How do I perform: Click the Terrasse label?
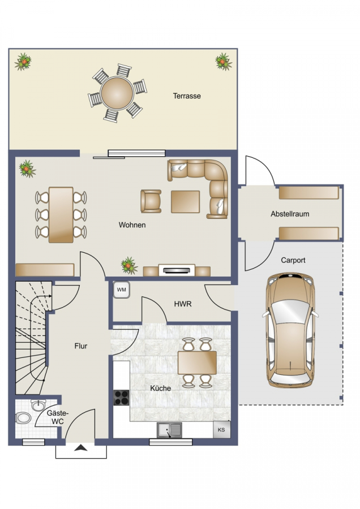[187, 96]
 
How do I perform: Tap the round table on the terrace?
[117, 93]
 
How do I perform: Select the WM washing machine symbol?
[122, 290]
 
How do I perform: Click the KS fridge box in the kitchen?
[221, 429]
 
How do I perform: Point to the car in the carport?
[290, 331]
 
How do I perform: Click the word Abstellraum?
[290, 214]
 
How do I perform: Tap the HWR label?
[183, 304]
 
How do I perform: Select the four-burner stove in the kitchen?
[121, 398]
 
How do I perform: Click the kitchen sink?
[169, 430]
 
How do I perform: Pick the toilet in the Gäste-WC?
[23, 418]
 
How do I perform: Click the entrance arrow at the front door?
[81, 448]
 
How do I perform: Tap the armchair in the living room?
[151, 201]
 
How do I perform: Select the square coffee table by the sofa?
[185, 201]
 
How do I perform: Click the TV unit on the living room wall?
[177, 270]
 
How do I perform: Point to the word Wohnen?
[132, 225]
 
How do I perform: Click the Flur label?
[81, 346]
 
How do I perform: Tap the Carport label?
[293, 260]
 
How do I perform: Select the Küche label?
[161, 388]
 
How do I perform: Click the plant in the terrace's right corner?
[224, 61]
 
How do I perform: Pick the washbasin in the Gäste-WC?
[39, 405]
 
